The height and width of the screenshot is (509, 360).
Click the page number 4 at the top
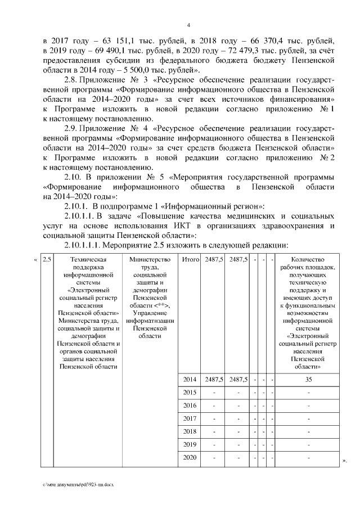pyautogui.click(x=188, y=25)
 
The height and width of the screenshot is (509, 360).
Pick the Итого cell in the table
pyautogui.click(x=190, y=260)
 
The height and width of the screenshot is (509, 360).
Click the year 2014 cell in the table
pyautogui.click(x=190, y=380)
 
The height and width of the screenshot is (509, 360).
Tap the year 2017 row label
pyautogui.click(x=190, y=418)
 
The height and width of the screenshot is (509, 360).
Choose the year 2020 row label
pyautogui.click(x=190, y=457)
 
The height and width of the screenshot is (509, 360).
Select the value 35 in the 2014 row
pyautogui.click(x=309, y=380)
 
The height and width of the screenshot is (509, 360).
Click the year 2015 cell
pyautogui.click(x=190, y=393)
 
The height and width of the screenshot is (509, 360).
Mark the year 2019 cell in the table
pyautogui.click(x=190, y=444)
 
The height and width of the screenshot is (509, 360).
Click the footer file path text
pyautogui.click(x=81, y=484)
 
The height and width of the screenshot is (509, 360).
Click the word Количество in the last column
pyautogui.click(x=309, y=260)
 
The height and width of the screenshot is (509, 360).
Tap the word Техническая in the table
pyautogui.click(x=87, y=260)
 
